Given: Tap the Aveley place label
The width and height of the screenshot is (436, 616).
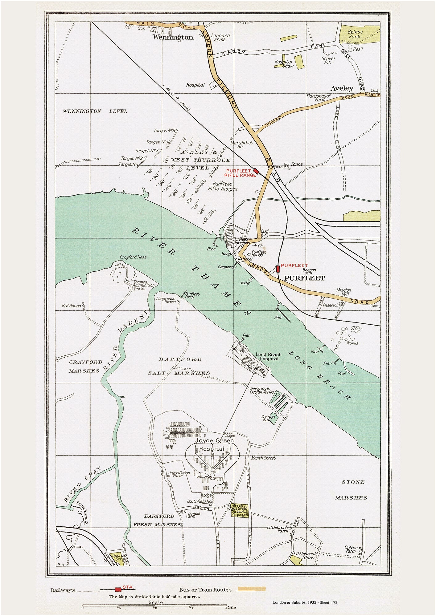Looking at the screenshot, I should point(342,88).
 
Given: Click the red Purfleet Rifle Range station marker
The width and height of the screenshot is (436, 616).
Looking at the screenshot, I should point(256,170).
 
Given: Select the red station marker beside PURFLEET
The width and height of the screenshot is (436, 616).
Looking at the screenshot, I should point(278,269).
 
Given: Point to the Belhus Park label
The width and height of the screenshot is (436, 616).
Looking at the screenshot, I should point(355,34).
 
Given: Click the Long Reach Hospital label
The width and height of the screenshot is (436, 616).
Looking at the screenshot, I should point(269,356).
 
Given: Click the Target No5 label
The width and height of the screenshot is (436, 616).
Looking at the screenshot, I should point(165,131).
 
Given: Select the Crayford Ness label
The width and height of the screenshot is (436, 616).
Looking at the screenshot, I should point(133,257).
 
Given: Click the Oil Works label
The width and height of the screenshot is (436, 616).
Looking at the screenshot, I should point(352,341).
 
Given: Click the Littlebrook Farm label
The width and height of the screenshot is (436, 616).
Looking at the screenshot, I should point(277,529).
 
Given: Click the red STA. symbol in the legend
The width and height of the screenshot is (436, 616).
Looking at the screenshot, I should point(118,589).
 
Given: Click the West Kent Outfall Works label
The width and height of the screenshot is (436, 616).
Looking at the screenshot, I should point(262,391).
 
